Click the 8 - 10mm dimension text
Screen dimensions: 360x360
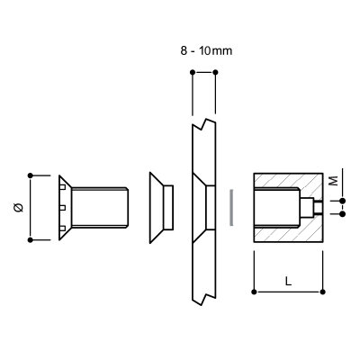pyautogui.click(x=206, y=50)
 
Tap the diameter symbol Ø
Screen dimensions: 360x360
pyautogui.click(x=19, y=207)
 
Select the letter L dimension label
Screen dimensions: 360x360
pyautogui.click(x=288, y=281)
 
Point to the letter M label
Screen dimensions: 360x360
pyautogui.click(x=333, y=181)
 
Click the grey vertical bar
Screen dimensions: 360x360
pyautogui.click(x=231, y=207)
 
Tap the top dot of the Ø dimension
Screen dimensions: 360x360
pyautogui.click(x=30, y=175)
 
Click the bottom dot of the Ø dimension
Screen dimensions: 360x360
pyautogui.click(x=30, y=239)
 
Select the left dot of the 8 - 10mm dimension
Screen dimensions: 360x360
pyautogui.click(x=193, y=72)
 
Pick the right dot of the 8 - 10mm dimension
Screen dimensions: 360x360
pyautogui.click(x=215, y=72)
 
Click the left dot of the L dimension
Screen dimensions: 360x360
pyautogui.click(x=254, y=292)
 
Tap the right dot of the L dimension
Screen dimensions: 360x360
pyautogui.click(x=323, y=292)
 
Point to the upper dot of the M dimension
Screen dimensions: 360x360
pyautogui.click(x=343, y=201)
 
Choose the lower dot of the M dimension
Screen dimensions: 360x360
pyautogui.click(x=343, y=214)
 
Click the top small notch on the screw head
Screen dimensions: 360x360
pyautogui.click(x=62, y=187)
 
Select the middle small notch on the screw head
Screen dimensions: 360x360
pyautogui.click(x=62, y=208)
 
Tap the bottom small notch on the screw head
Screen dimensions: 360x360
pyautogui.click(x=62, y=229)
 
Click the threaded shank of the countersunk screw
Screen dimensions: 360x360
pyautogui.click(x=100, y=207)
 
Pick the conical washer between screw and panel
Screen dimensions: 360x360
pyautogui.click(x=161, y=208)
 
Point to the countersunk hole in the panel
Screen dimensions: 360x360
pyautogui.click(x=203, y=208)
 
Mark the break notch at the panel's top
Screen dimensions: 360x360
pyautogui.click(x=203, y=124)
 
